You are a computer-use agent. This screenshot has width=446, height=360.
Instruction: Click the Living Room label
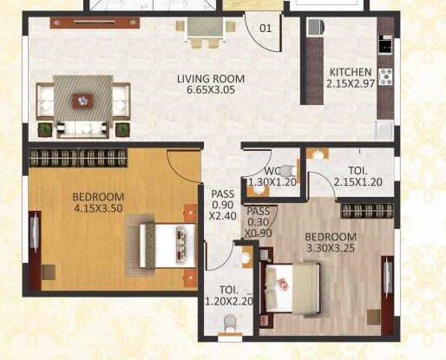211,79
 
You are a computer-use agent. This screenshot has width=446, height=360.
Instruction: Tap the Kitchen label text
351,72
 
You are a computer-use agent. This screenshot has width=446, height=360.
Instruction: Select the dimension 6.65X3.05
211,91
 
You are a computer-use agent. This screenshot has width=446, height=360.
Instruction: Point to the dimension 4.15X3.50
98,209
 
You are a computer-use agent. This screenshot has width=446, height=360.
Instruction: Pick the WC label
272,171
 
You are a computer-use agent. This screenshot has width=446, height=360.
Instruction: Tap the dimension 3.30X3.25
331,250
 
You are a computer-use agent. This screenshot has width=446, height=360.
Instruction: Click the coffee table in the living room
82,101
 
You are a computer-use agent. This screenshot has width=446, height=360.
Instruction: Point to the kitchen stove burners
385,76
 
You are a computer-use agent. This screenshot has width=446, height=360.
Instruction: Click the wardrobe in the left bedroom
79,157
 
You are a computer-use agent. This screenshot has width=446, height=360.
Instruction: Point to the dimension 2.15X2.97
351,84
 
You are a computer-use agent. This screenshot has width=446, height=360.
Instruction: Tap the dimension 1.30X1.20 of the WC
272,183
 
